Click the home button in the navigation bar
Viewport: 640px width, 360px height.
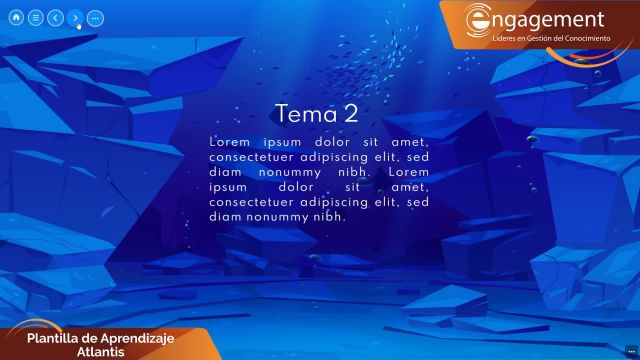coord(16,18)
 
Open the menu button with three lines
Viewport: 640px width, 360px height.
coord(35,18)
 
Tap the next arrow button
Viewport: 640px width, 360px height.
coord(74,18)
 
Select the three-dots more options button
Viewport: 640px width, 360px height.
coord(95,18)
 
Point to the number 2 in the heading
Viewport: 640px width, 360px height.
coord(350,114)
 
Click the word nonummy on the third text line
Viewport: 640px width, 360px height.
coord(289,171)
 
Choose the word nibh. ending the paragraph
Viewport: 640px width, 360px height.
coord(325,216)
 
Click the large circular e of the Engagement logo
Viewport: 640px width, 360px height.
coord(479,20)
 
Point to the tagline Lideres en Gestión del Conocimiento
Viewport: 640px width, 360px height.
coord(551,37)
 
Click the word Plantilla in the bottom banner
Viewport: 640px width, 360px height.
coord(57,339)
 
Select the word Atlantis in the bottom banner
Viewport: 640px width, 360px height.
coord(100,352)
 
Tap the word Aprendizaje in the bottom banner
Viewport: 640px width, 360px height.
coord(146,339)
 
